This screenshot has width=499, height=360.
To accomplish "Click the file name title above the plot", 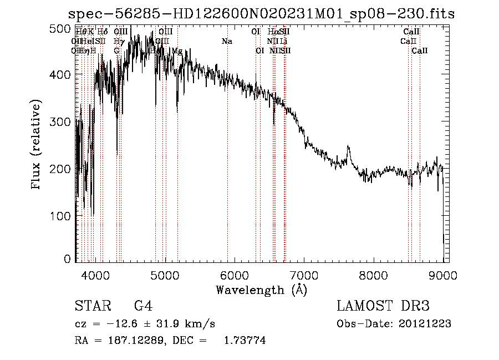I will click(261, 14).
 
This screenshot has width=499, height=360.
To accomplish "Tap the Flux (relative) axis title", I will click(37, 145).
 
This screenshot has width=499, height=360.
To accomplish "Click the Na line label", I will click(227, 41).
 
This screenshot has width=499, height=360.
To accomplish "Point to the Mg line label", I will click(177, 50).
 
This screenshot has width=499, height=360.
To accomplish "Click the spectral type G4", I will click(143, 306).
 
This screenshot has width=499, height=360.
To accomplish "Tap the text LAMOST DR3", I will click(383, 306).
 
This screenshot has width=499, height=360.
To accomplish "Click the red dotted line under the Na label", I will click(227, 166).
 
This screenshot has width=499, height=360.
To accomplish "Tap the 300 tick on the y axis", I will click(76, 121).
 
